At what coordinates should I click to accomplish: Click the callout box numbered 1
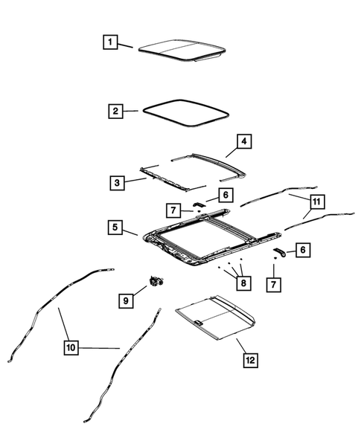click(109, 42)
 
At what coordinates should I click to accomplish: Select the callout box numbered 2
click(114, 112)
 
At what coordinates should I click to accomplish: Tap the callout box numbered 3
click(118, 181)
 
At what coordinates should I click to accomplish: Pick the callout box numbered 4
click(243, 140)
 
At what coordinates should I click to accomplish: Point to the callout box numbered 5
click(115, 228)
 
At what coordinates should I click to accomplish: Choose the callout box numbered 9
click(126, 300)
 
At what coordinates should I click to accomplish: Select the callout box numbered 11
click(316, 202)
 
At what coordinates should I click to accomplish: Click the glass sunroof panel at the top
click(182, 50)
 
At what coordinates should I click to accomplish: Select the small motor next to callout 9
click(158, 280)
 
